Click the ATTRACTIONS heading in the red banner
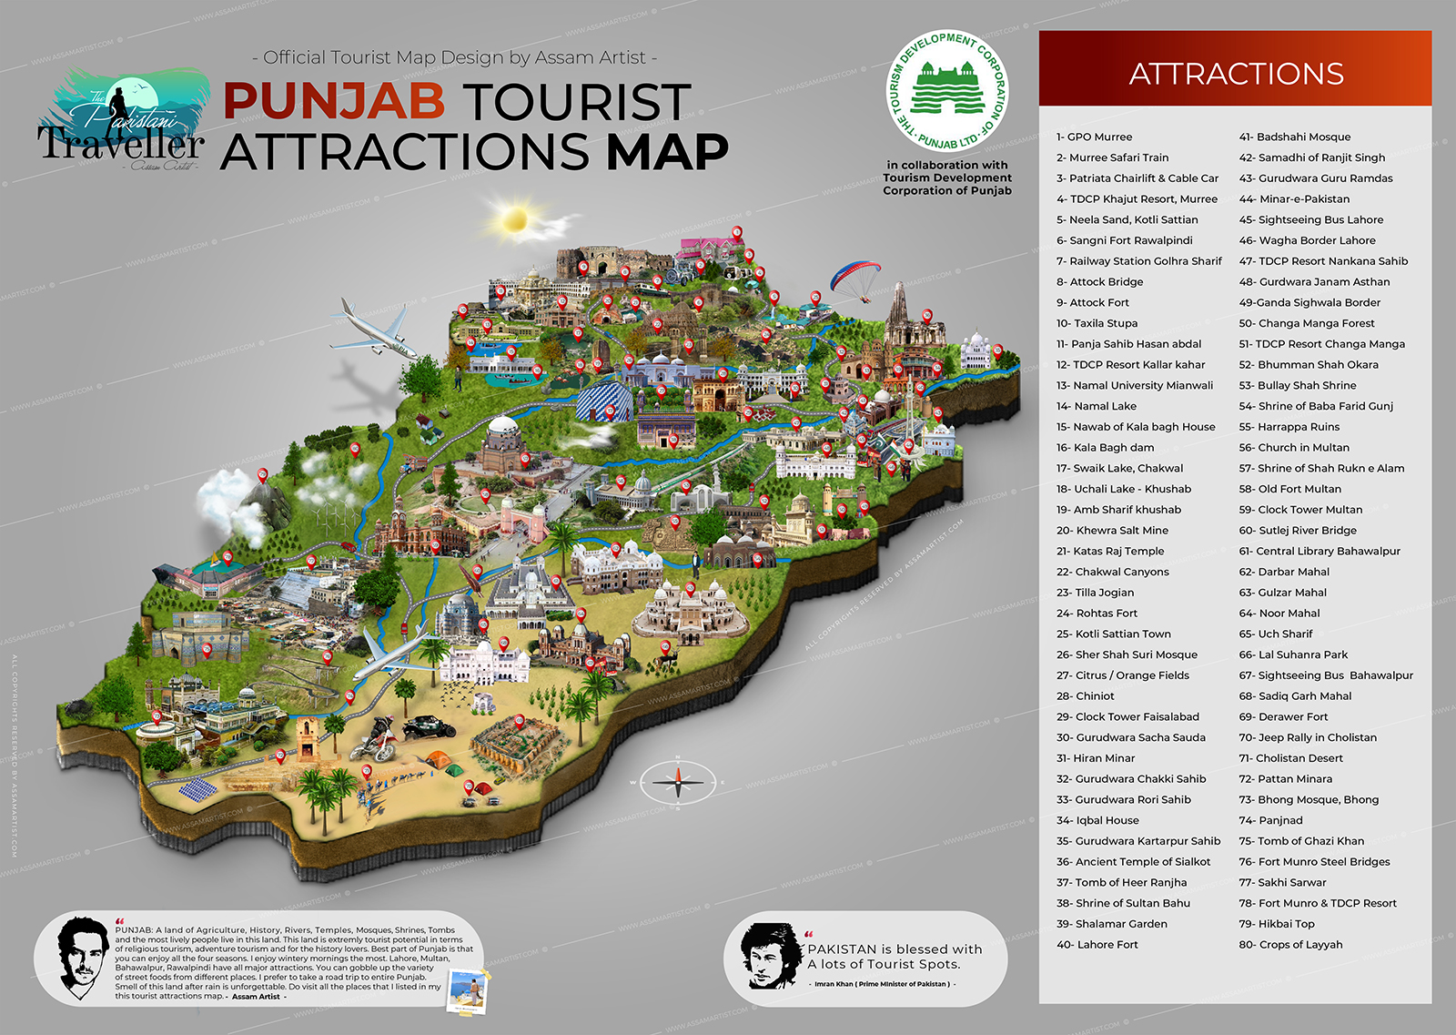click(x=1236, y=74)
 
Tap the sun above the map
click(x=515, y=220)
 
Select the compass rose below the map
click(x=678, y=780)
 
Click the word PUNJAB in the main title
click(x=333, y=101)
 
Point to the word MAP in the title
click(x=667, y=151)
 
